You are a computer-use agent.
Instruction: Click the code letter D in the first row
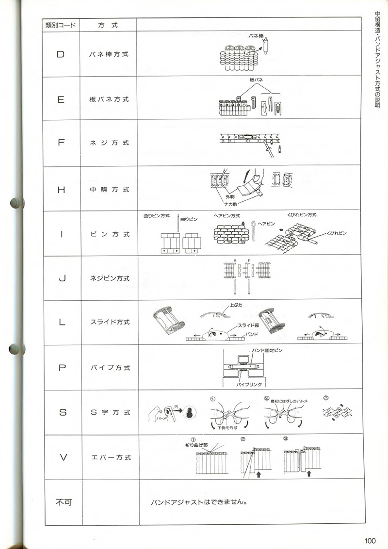pos(61,54)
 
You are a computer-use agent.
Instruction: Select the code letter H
pos(61,190)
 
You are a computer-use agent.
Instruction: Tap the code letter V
pos(62,457)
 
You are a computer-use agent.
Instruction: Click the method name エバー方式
pos(111,458)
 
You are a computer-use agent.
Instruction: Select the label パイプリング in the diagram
pos(249,384)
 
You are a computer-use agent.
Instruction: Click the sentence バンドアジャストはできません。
pos(200,502)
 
